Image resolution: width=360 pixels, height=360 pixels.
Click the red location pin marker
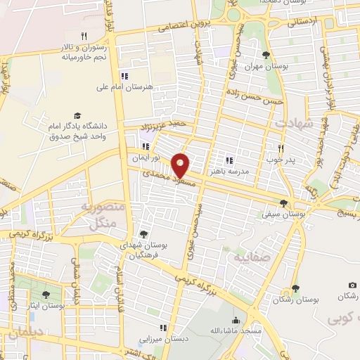(181, 165)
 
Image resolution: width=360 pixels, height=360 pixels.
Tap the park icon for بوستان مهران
(265, 56)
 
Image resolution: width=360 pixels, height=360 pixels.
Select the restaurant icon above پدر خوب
(281, 148)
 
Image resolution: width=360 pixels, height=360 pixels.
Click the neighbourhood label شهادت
(292, 122)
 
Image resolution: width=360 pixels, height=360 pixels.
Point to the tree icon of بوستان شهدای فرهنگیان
(144, 234)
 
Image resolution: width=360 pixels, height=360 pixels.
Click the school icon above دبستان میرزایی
(164, 327)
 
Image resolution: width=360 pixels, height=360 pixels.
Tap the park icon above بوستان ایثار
(46, 295)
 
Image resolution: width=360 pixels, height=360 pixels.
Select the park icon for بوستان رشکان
(295, 288)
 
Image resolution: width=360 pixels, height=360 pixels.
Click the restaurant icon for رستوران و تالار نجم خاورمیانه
(84, 35)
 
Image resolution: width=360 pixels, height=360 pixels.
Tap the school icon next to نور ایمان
(146, 147)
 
